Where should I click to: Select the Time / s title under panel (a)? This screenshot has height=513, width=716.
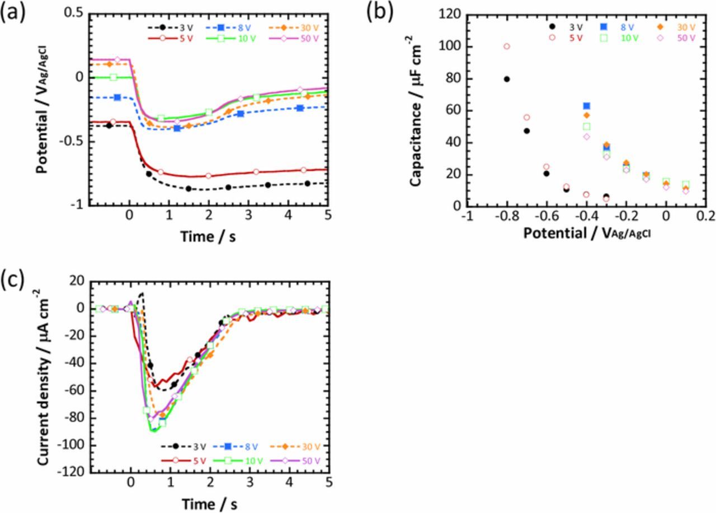point(208,237)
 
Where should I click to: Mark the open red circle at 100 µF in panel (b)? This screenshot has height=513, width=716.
point(507,46)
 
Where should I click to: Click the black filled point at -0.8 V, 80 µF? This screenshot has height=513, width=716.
point(507,79)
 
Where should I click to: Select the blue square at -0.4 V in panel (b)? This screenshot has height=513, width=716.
point(586,106)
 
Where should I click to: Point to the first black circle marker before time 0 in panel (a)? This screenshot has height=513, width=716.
point(109,125)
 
